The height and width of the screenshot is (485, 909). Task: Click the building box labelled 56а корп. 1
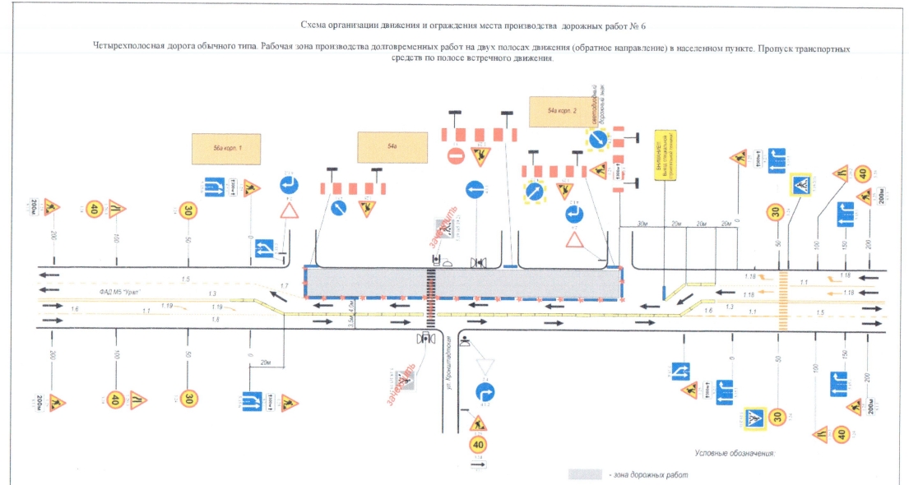click(226, 149)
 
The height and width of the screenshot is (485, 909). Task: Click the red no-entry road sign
click(456, 155)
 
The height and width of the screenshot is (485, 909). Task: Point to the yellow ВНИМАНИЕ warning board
click(665, 156)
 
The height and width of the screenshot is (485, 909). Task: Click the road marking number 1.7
click(285, 285)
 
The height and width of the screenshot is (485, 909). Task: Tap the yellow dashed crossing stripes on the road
click(783, 301)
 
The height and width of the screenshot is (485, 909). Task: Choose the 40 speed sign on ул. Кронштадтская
click(478, 446)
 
